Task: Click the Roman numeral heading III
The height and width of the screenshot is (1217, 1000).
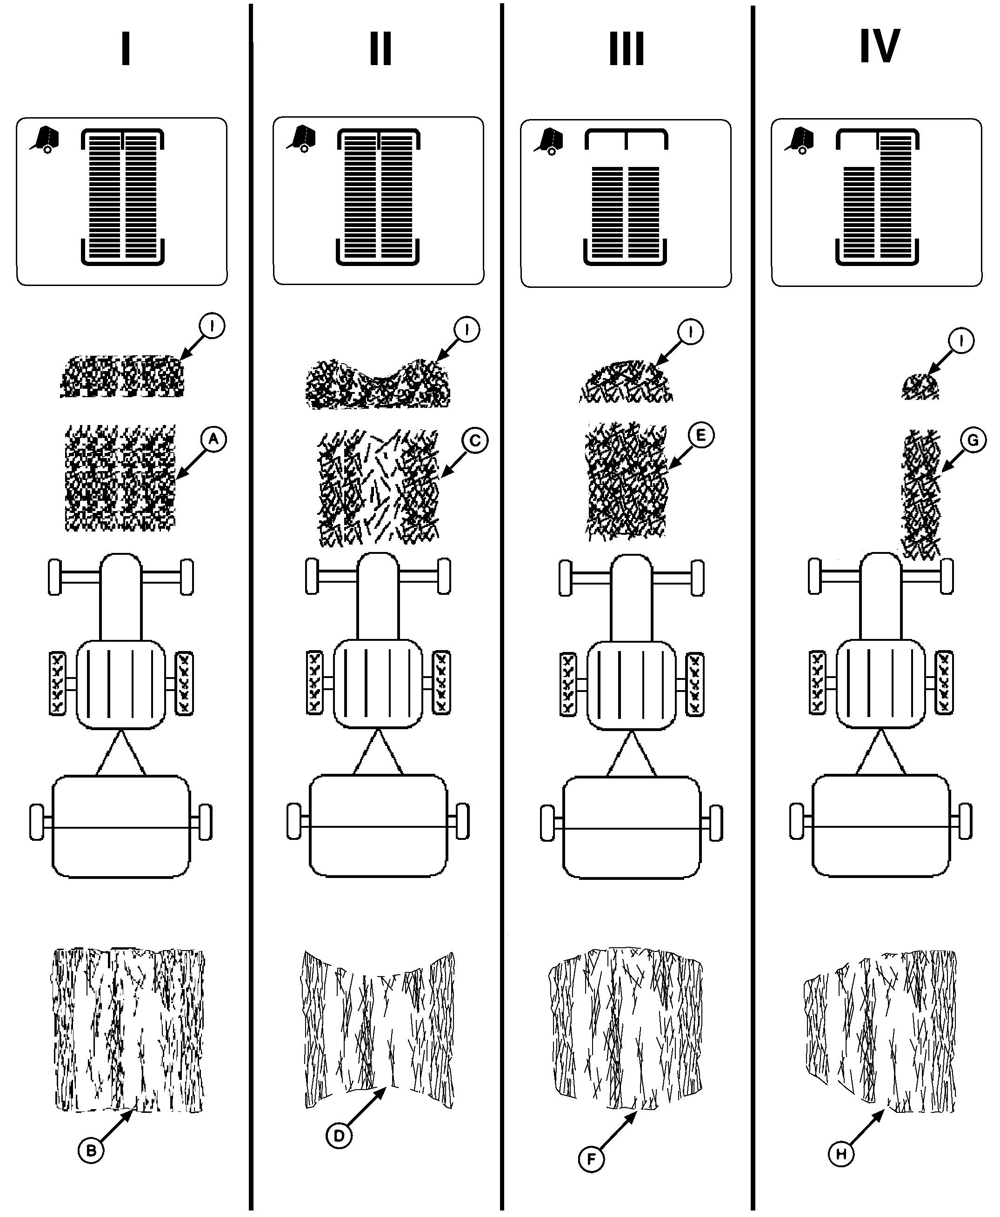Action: coord(626,48)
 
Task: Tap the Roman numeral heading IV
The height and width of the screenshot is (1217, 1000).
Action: coord(880,46)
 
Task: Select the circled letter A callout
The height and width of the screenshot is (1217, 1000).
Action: coord(213,440)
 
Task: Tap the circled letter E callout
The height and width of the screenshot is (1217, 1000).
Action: coord(701,435)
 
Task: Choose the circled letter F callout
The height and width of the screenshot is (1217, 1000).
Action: coord(592,1159)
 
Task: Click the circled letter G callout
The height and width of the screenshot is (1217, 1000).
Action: coord(973,440)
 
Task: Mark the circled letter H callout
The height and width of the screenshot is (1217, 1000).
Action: coord(841,1154)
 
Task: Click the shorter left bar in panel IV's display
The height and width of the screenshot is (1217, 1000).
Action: coord(859,213)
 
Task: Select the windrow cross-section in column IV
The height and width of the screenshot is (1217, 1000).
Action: coord(920,386)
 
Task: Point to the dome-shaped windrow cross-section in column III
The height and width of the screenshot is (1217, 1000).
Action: coord(626,381)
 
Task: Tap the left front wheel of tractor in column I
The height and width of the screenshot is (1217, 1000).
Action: coord(55,577)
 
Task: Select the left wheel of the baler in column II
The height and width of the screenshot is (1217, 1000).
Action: coord(294,821)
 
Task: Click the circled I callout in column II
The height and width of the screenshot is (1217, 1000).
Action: coord(467,330)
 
